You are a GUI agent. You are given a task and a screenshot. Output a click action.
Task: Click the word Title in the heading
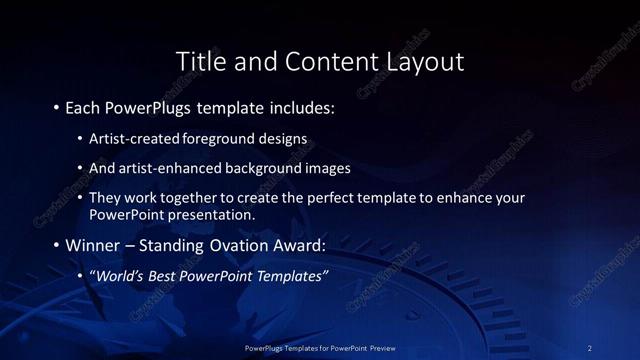[200, 61]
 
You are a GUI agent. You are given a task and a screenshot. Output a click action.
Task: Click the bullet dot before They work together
[79, 198]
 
